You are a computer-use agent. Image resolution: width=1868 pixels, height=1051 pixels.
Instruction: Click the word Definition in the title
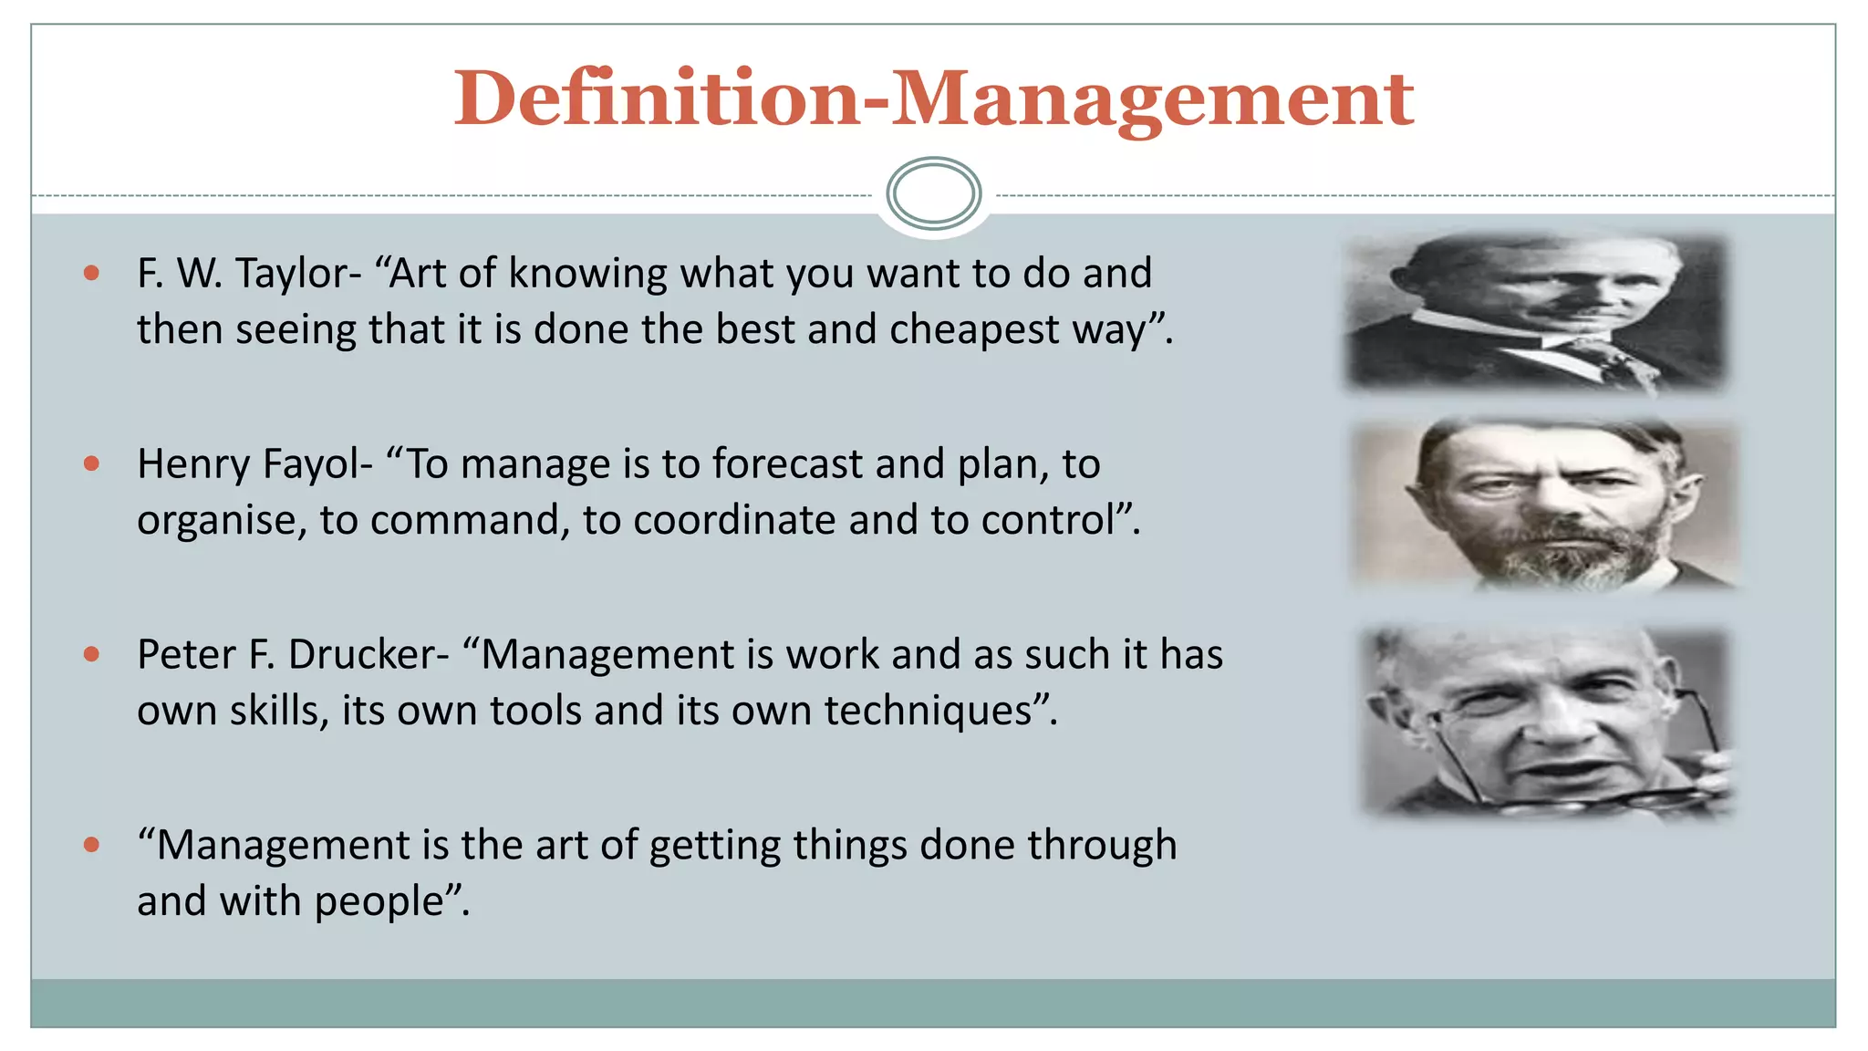(655, 98)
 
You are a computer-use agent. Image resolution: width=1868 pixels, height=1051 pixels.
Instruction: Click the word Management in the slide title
(1151, 99)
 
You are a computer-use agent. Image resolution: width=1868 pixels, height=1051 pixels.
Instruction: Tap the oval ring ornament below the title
(933, 193)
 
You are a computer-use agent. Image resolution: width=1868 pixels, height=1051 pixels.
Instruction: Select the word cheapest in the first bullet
(974, 329)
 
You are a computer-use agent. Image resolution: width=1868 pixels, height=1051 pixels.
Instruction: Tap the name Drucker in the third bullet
(368, 655)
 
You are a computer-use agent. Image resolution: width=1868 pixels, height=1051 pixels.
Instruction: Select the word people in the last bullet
(379, 901)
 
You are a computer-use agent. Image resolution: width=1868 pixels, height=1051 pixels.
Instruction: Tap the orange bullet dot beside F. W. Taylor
(91, 273)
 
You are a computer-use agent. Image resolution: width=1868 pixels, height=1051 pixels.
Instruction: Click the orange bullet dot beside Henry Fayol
(91, 463)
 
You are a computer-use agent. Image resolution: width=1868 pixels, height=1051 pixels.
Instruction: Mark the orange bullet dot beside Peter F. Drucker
(91, 654)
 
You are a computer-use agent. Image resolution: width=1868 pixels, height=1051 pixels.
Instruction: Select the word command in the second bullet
(470, 520)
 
